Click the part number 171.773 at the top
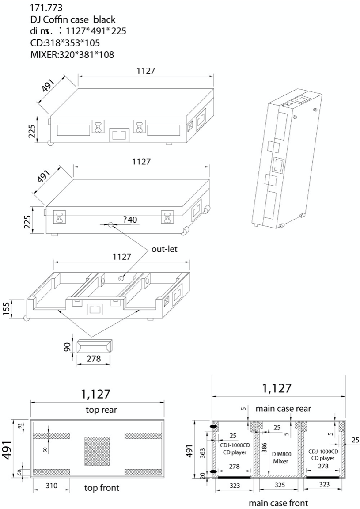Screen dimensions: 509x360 [x=46, y=8]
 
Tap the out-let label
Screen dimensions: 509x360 [x=165, y=249]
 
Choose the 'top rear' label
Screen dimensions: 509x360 [x=101, y=410]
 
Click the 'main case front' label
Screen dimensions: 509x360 [x=278, y=502]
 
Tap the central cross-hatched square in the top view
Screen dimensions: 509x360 [x=97, y=451]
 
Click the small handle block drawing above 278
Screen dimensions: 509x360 [x=94, y=347]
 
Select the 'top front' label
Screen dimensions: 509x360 [x=102, y=488]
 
